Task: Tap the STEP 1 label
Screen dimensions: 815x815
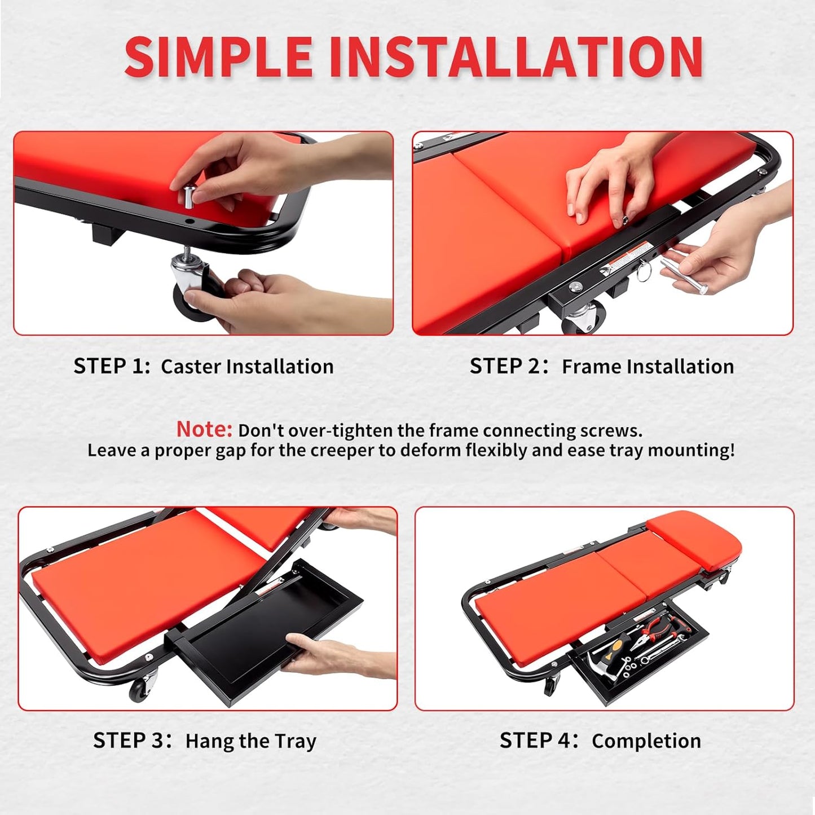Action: [x=111, y=367]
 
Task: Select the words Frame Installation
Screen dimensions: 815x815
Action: [x=647, y=367]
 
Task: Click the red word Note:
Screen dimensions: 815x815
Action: [x=204, y=430]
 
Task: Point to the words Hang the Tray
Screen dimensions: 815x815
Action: [x=250, y=741]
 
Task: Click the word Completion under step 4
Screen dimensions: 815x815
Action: [x=646, y=741]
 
